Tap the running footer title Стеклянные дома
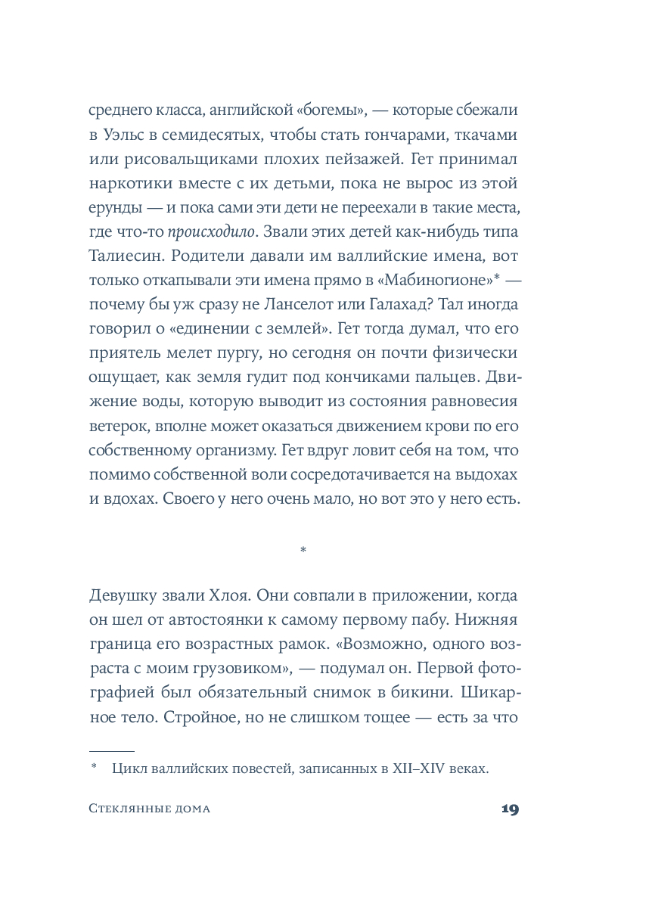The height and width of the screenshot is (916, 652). pyautogui.click(x=149, y=809)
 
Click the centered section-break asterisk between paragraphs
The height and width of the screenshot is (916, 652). pyautogui.click(x=303, y=551)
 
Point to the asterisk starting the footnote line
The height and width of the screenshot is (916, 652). pyautogui.click(x=95, y=769)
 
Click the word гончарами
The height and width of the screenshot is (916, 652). pyautogui.click(x=403, y=136)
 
